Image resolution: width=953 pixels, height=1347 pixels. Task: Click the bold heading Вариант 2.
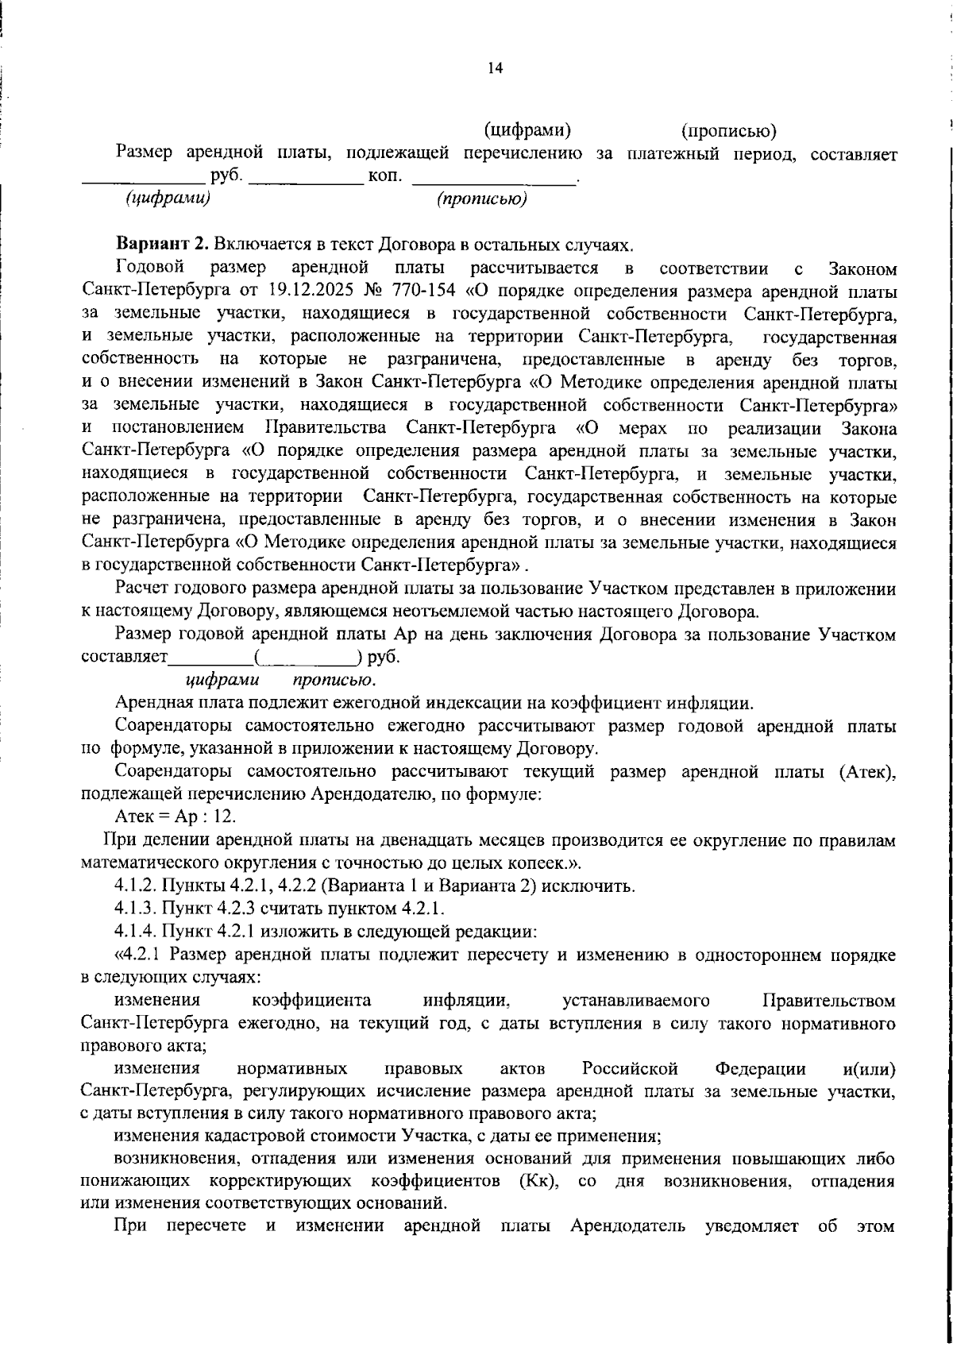[162, 243]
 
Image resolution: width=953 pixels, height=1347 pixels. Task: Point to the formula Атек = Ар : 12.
[175, 816]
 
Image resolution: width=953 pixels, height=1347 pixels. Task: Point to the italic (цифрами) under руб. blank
[168, 198]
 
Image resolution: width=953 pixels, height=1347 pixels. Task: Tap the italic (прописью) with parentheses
[482, 199]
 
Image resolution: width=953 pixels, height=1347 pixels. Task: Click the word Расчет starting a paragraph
[142, 589]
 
